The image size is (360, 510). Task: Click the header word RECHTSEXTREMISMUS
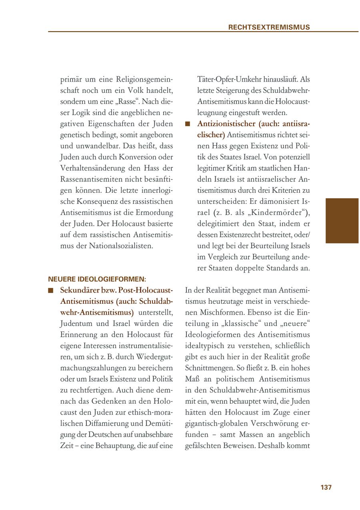click(269, 28)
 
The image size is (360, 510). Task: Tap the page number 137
click(326, 487)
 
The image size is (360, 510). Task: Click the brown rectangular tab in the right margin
click(342, 221)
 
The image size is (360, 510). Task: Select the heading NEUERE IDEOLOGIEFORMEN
click(97, 279)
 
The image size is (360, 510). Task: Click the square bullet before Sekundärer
click(51, 291)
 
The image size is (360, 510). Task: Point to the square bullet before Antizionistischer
click(188, 124)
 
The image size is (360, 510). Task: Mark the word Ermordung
click(154, 212)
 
